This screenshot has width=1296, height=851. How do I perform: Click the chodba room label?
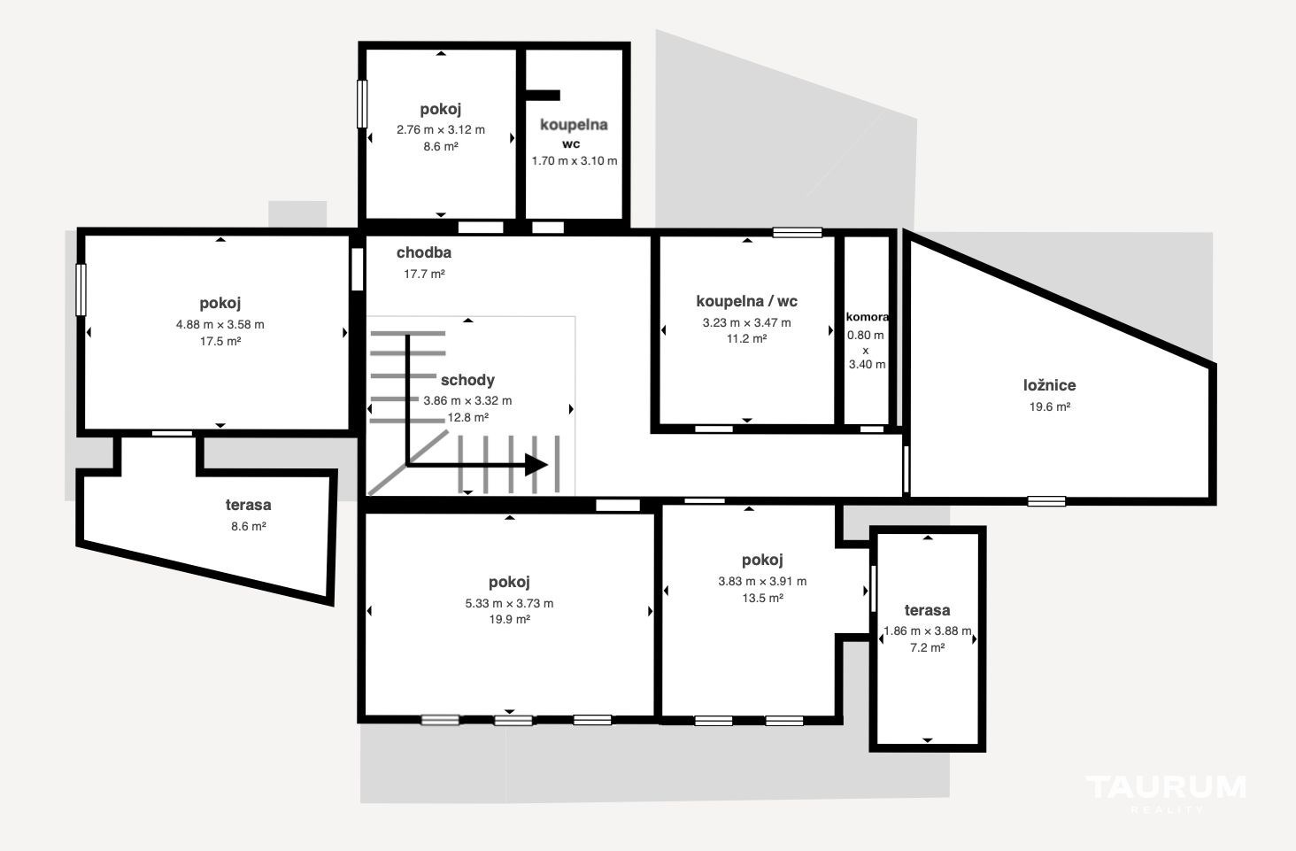click(x=423, y=253)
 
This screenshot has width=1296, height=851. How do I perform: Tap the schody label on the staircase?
click(x=467, y=381)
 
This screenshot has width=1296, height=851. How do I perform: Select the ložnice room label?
click(x=1050, y=385)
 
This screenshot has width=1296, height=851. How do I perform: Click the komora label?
click(x=868, y=317)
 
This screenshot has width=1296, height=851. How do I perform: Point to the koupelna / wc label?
click(x=746, y=302)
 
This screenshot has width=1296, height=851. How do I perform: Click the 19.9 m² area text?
click(x=509, y=620)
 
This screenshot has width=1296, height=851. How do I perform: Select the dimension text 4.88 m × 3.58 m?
click(x=220, y=325)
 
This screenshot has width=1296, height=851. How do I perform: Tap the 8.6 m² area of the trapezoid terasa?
click(x=248, y=526)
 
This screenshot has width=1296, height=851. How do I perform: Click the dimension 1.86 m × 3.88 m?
click(x=928, y=631)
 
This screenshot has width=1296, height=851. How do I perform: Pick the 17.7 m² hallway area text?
click(x=424, y=275)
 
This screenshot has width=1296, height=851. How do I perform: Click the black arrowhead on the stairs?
click(x=536, y=465)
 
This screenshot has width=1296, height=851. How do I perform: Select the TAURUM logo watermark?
click(x=1166, y=793)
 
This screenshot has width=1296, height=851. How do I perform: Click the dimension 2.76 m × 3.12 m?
click(x=440, y=130)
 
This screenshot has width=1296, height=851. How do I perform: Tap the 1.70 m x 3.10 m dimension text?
click(x=575, y=161)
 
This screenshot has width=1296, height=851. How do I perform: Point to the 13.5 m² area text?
click(x=762, y=598)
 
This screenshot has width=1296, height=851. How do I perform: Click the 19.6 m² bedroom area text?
click(x=1050, y=407)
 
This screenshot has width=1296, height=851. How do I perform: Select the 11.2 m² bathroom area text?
click(x=746, y=338)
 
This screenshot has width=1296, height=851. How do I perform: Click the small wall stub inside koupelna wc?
click(x=543, y=96)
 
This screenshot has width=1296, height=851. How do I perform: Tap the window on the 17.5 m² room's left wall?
click(x=81, y=290)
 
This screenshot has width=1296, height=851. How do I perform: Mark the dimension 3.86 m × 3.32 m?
click(x=467, y=400)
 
